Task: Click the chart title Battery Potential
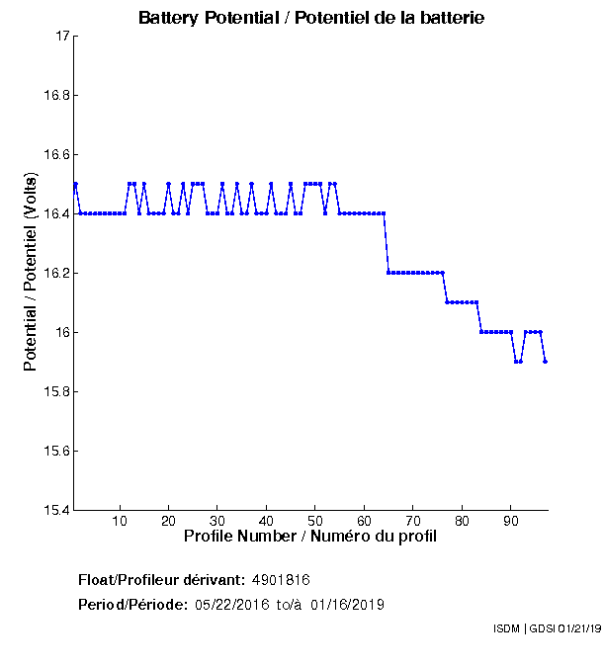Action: click(x=311, y=18)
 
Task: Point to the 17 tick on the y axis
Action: click(x=60, y=37)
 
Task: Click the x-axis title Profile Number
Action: click(x=310, y=537)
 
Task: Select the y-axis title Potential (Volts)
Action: click(x=31, y=273)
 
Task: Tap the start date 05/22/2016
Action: click(x=232, y=605)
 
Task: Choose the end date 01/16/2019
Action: click(x=347, y=605)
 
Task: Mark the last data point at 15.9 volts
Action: click(x=545, y=362)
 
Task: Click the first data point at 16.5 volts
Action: click(x=75, y=184)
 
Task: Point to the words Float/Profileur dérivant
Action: click(x=162, y=579)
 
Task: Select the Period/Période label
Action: click(x=132, y=605)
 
